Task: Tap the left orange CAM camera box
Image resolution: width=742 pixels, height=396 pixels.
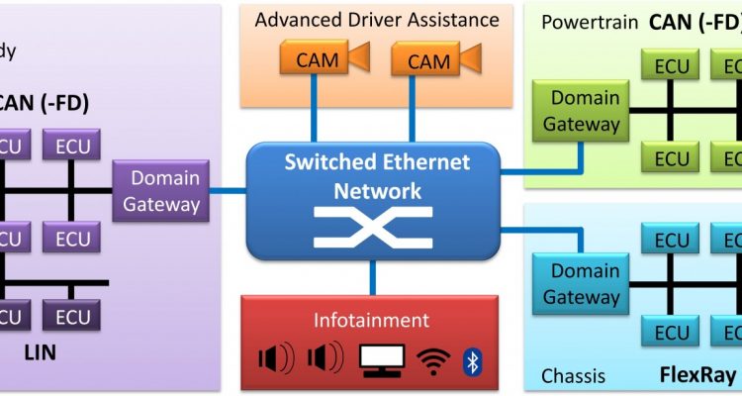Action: click(317, 61)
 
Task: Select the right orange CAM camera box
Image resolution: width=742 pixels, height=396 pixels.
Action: click(428, 61)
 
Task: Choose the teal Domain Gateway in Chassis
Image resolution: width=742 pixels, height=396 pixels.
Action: click(584, 283)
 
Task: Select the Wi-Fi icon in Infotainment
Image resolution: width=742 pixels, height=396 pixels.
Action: click(432, 360)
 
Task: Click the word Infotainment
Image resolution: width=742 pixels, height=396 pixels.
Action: click(371, 320)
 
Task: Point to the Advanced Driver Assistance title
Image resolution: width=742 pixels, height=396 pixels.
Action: click(376, 20)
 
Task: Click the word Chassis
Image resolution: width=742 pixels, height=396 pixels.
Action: click(575, 376)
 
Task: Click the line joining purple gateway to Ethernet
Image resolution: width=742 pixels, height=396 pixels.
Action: click(227, 190)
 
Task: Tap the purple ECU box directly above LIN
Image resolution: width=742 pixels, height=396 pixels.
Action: click(72, 317)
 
